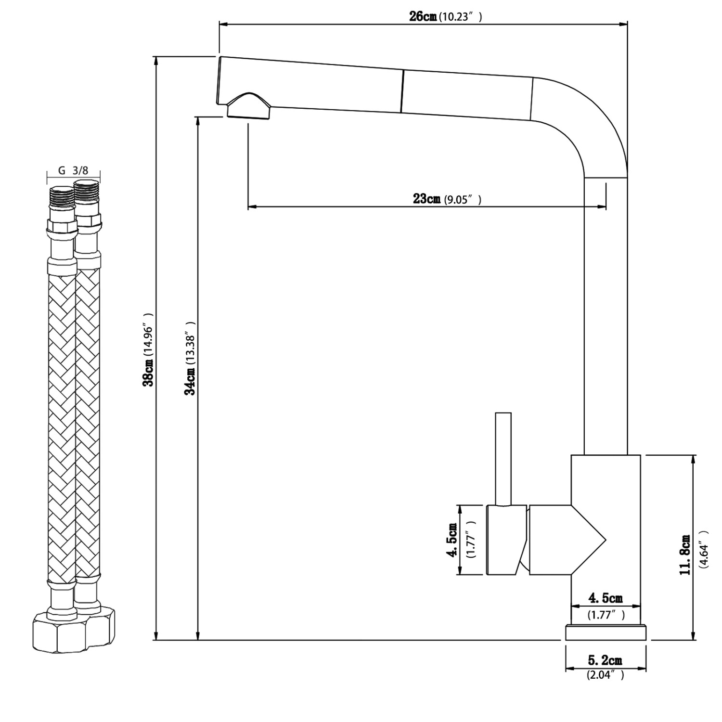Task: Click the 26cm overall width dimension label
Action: coord(423,16)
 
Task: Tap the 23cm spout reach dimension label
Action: coord(426,199)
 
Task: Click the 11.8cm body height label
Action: coord(685,554)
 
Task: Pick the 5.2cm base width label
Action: coord(605,660)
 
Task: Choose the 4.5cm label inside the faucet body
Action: coord(606,598)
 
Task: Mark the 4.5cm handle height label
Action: coord(452,540)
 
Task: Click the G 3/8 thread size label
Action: coord(73,170)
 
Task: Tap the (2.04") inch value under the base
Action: coord(605,675)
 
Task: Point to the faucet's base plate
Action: coord(606,632)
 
